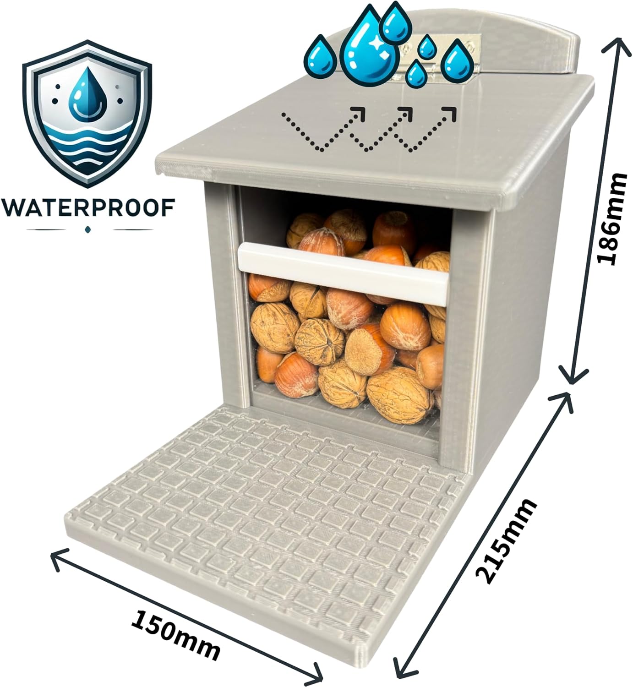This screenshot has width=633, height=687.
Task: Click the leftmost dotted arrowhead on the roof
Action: click(x=358, y=114)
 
